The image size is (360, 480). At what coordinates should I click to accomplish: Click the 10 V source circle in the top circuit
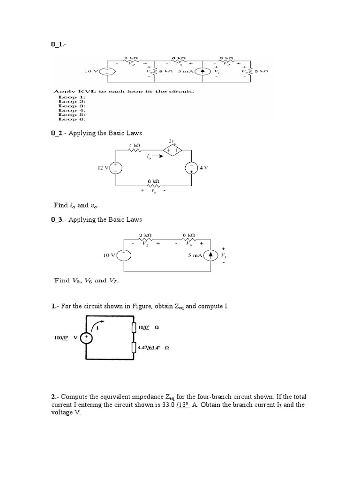(x=108, y=72)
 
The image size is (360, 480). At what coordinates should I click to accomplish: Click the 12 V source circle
(x=116, y=167)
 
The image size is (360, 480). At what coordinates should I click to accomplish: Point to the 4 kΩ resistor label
(x=135, y=146)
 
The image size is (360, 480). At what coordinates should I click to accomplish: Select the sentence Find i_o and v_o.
(x=77, y=205)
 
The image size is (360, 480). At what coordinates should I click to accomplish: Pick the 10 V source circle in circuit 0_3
(x=124, y=255)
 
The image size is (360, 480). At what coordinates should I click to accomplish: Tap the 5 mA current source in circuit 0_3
(x=211, y=255)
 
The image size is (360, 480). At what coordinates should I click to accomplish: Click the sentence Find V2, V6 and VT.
(x=87, y=281)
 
